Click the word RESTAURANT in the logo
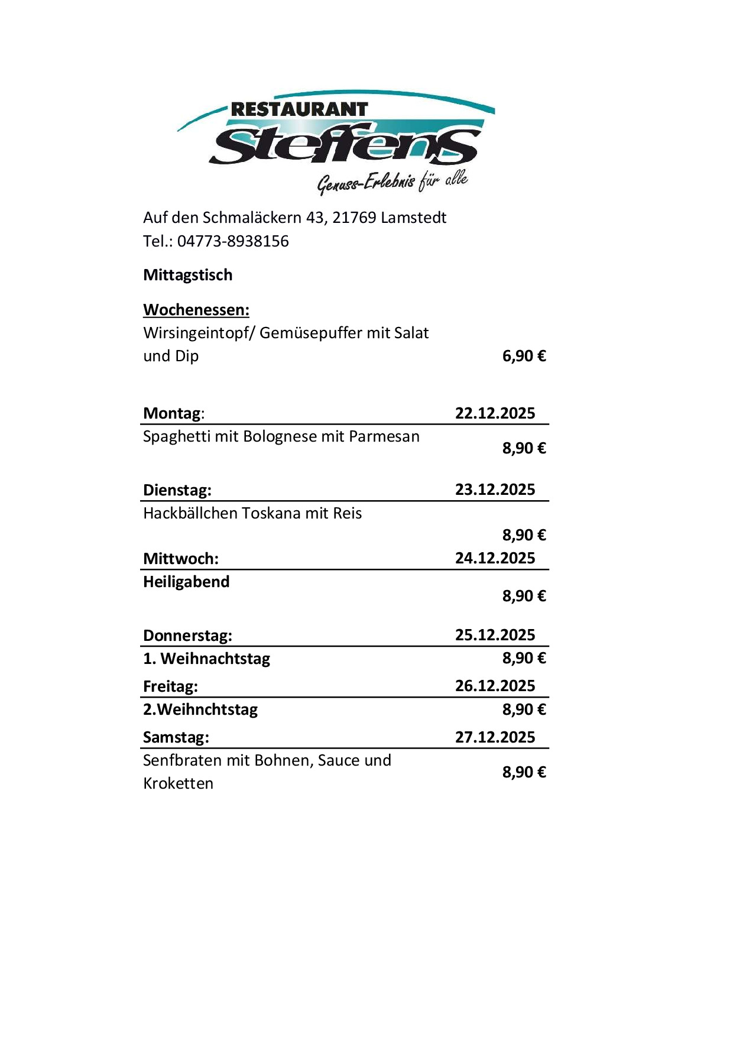click(299, 109)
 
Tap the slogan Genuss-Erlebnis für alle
click(393, 182)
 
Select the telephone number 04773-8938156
click(233, 241)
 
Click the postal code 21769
click(354, 218)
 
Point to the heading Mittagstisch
click(188, 275)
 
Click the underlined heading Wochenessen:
click(196, 310)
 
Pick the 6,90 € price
click(524, 356)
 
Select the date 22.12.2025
click(495, 413)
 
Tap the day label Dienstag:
click(177, 490)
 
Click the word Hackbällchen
click(190, 513)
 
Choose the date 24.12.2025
click(495, 558)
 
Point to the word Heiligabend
click(186, 582)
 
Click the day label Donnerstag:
click(187, 636)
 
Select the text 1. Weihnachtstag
click(206, 659)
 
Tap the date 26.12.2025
click(495, 686)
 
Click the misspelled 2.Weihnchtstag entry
click(200, 709)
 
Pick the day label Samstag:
click(176, 737)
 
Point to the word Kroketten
click(178, 783)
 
